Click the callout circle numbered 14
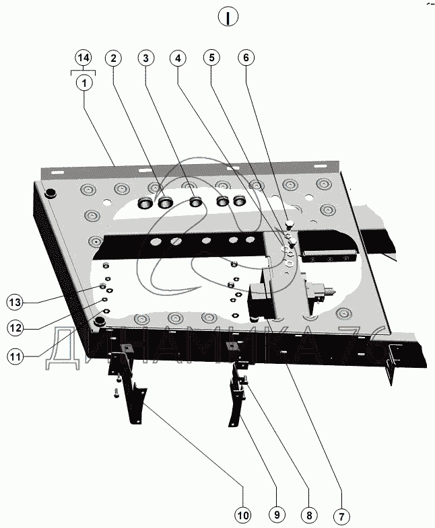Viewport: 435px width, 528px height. pos(83,58)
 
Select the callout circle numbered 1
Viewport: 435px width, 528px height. pos(84,83)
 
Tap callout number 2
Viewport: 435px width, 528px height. pos(113,59)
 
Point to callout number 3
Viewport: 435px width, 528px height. pos(145,59)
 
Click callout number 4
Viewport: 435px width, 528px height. pos(178,59)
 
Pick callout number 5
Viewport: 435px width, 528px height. pos(211,58)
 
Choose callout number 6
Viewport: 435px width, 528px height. pos(246,58)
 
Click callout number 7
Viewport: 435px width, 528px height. pos(341,516)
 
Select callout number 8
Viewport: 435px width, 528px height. pos(309,515)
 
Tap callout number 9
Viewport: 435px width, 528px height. pos(277,515)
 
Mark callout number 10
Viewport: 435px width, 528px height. pos(243,515)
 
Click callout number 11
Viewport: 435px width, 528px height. pos(15,356)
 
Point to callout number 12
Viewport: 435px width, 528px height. pos(15,328)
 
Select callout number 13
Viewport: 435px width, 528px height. pos(15,303)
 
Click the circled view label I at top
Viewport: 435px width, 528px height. pos(228,17)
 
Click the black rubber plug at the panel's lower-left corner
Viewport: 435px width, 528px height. pos(99,321)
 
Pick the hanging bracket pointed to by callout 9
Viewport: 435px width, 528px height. pos(238,394)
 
